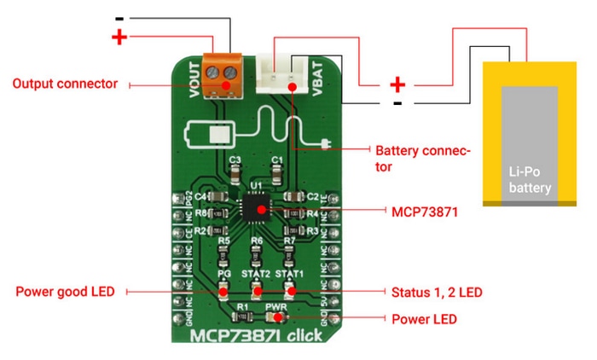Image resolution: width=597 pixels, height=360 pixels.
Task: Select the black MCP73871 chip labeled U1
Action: tap(255, 206)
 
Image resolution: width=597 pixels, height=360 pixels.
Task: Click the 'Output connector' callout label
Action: tap(65, 84)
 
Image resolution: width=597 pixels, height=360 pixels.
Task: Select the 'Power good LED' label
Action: tap(65, 292)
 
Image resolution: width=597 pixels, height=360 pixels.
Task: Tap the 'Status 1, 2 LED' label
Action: tap(436, 292)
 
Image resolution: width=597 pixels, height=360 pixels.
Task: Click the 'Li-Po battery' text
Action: tap(530, 179)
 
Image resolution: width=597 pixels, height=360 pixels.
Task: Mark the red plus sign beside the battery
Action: tap(397, 84)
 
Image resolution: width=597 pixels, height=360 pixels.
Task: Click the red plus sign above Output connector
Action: tap(119, 37)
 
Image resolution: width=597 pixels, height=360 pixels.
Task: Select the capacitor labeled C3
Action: tap(235, 171)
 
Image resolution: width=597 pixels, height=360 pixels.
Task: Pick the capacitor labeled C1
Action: tap(276, 171)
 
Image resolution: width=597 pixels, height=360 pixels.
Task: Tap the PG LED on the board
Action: tap(223, 290)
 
